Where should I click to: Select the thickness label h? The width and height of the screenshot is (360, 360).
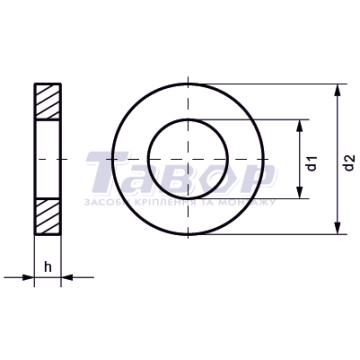(48, 267)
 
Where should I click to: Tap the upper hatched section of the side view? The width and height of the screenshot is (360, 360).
(48, 101)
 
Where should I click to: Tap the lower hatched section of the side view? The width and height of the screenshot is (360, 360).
(48, 217)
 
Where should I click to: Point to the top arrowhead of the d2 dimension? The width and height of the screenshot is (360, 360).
(338, 91)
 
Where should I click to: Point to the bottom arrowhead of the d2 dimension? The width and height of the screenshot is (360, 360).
(338, 228)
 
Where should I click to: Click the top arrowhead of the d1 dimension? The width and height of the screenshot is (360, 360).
(300, 126)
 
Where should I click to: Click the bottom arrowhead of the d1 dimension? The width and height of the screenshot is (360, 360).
(300, 192)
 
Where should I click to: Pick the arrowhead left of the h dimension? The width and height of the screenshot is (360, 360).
(28, 277)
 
